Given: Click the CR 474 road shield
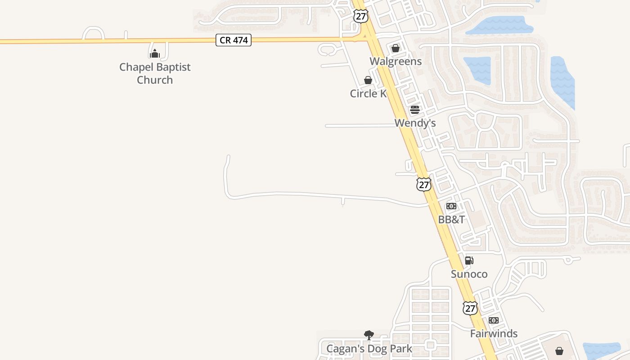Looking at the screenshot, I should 234,40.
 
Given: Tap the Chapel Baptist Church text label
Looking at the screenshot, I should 155,73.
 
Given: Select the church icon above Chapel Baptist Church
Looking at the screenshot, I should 155,54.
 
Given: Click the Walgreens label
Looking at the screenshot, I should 396,61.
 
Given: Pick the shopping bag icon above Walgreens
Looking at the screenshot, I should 396,48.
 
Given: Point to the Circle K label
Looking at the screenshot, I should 368,94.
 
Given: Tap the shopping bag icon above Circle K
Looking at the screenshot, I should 368,81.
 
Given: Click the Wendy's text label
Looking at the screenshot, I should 415,123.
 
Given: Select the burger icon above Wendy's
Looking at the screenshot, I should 415,110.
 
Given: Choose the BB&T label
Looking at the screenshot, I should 451,220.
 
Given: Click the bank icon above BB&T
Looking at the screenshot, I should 451,206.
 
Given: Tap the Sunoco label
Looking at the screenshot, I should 469,274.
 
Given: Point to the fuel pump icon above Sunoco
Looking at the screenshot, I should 469,261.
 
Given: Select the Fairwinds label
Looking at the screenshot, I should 494,333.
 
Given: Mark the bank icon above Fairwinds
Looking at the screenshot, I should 494,320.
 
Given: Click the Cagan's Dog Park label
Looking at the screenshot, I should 369,349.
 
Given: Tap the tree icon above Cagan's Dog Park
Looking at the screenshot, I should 369,335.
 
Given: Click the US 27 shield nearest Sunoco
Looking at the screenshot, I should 470,308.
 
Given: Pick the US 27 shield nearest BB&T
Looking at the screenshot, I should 424,184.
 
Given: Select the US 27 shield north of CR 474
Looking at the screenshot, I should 361,16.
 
